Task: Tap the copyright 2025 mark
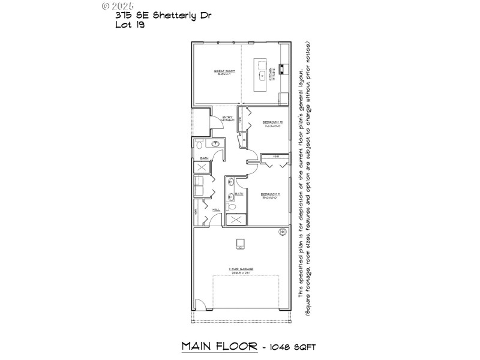(118, 5)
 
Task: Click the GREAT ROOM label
(225, 73)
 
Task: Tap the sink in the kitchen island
(262, 76)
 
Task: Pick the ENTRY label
(227, 118)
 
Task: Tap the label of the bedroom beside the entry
(272, 124)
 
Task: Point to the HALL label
(216, 210)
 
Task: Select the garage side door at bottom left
(202, 305)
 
